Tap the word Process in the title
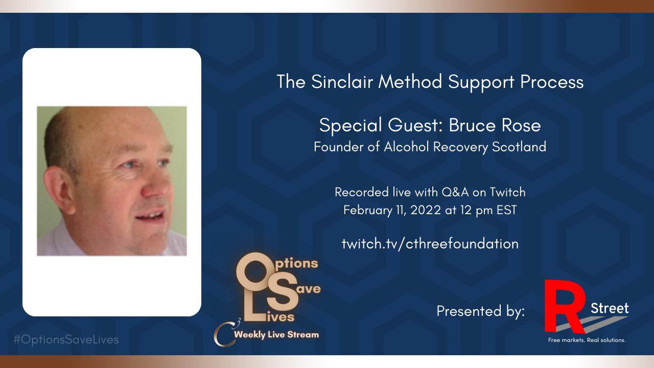(x=552, y=82)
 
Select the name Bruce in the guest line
(x=472, y=126)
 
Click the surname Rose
(x=521, y=126)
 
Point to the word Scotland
(x=519, y=147)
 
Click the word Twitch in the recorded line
(x=507, y=192)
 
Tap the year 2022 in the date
(x=426, y=210)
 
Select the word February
(x=367, y=211)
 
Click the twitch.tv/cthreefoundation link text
(x=430, y=244)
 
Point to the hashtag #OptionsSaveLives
(x=66, y=340)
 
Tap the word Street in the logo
(x=610, y=308)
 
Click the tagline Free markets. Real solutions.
(x=587, y=340)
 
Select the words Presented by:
(x=481, y=311)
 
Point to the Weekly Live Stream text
(x=276, y=335)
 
